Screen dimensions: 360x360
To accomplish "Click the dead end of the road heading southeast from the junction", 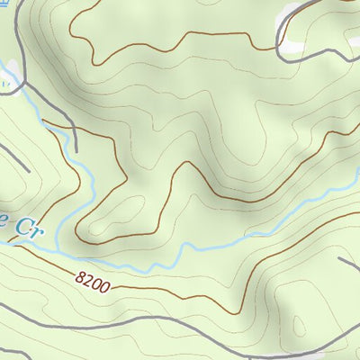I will click(x=76, y=149).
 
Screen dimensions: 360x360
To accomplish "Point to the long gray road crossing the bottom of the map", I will click(x=180, y=342).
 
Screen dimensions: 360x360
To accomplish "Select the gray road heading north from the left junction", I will click(x=16, y=36).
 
